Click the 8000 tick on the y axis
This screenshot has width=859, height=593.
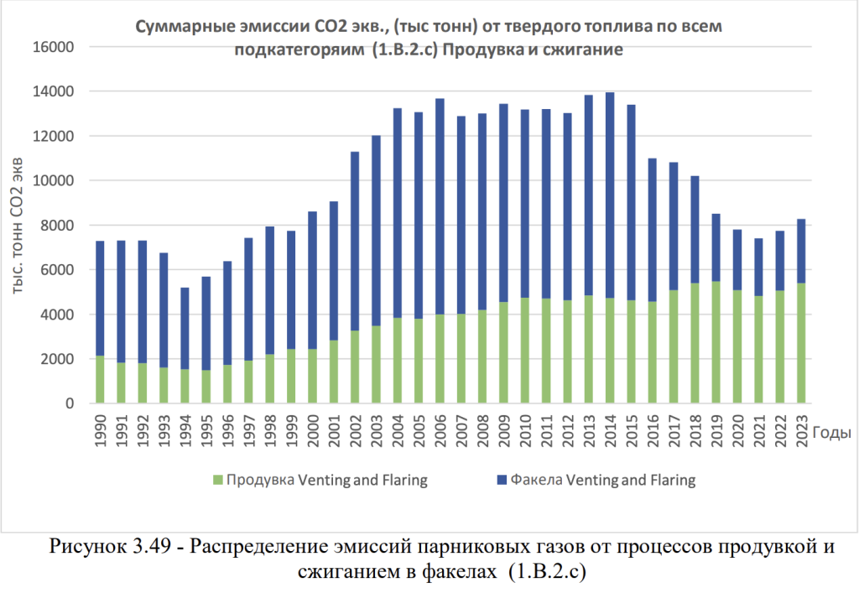pos(56,226)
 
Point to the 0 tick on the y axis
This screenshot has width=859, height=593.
pos(70,403)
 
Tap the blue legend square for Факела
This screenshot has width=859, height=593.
pos(502,481)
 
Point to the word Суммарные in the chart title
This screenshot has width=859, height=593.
pos(180,27)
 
